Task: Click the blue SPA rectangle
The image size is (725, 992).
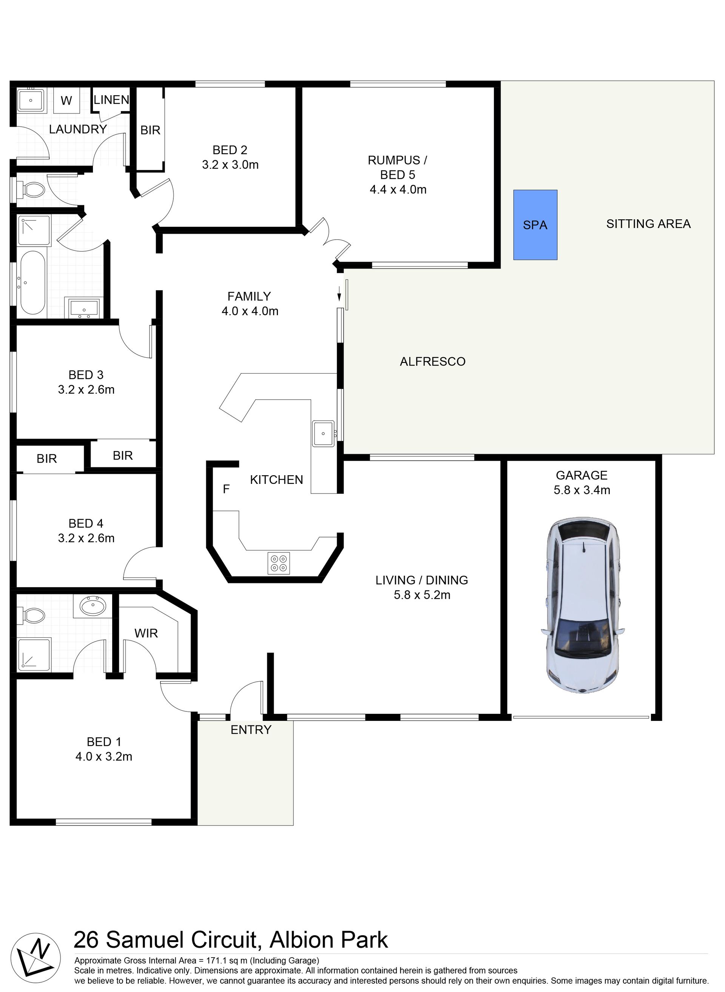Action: tap(535, 225)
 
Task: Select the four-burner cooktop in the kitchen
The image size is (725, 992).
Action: tap(279, 563)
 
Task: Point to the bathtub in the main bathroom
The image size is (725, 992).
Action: tap(32, 282)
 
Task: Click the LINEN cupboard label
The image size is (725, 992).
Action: tap(111, 100)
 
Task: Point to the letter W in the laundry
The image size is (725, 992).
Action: tap(66, 101)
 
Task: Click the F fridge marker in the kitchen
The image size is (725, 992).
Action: tap(226, 489)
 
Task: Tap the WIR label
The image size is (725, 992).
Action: tap(146, 633)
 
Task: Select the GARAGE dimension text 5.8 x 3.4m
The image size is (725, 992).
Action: tap(582, 490)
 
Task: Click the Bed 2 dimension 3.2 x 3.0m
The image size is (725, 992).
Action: tap(230, 165)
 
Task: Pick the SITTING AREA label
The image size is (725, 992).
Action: tap(649, 224)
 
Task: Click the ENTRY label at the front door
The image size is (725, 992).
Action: tap(251, 730)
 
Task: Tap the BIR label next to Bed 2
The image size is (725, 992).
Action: tap(151, 130)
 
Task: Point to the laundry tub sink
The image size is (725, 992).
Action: tap(31, 101)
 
